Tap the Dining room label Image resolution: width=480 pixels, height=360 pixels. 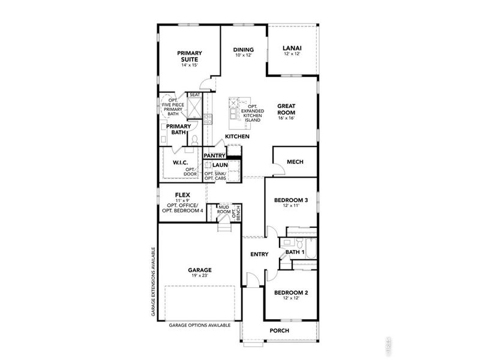pos(243,50)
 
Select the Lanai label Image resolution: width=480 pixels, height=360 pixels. pos(292,49)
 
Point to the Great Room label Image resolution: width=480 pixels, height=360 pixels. pos(286,109)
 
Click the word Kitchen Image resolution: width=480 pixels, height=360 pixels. pos(237,137)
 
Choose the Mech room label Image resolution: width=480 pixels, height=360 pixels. pos(294,161)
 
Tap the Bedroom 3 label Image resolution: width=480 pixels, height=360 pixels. pos(291,200)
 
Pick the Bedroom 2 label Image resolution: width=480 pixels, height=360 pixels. pos(291,293)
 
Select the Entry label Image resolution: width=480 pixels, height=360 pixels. pos(259,254)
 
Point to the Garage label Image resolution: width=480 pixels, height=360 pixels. pos(199,270)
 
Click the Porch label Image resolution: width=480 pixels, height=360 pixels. pos(280,331)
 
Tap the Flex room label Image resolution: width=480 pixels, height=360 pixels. pos(182,195)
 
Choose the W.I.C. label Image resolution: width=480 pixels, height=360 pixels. pos(181,163)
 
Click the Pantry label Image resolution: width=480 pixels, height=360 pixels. pos(214,155)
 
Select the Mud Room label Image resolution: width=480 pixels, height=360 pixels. pos(224,209)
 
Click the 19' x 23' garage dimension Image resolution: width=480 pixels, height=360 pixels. pos(199,276)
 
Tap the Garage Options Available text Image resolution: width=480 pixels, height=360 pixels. pos(199,325)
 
